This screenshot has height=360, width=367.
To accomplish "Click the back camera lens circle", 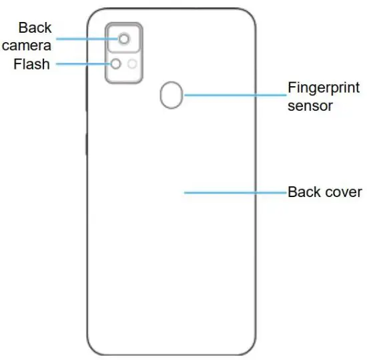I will click(x=124, y=39).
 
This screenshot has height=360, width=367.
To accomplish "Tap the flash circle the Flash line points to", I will click(x=116, y=64).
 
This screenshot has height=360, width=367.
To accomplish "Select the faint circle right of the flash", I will click(x=132, y=64).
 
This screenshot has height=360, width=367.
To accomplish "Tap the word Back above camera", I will click(x=35, y=27).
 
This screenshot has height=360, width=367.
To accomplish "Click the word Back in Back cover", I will click(x=303, y=192).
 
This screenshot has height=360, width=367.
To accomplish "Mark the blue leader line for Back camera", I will click(x=87, y=39).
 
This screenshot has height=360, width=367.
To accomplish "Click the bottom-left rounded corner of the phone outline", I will click(x=93, y=349).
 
